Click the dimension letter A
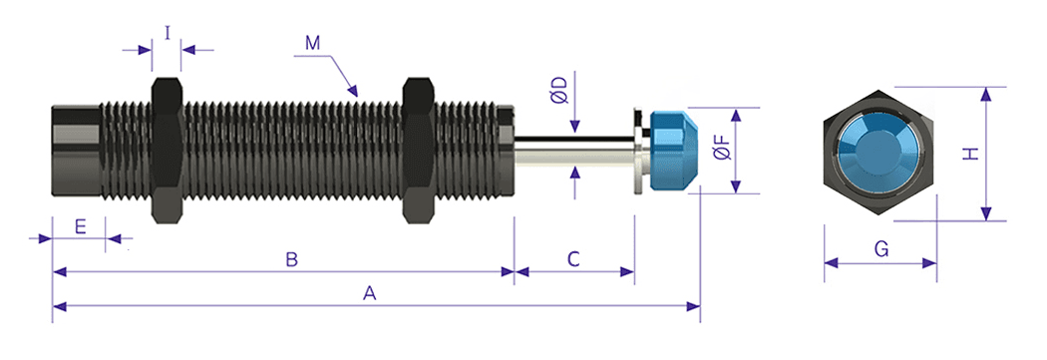click(369, 294)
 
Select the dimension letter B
click(291, 260)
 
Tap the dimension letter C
click(573, 260)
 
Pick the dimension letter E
click(80, 227)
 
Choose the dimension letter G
click(880, 249)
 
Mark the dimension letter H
click(970, 155)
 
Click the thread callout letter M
click(312, 44)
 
